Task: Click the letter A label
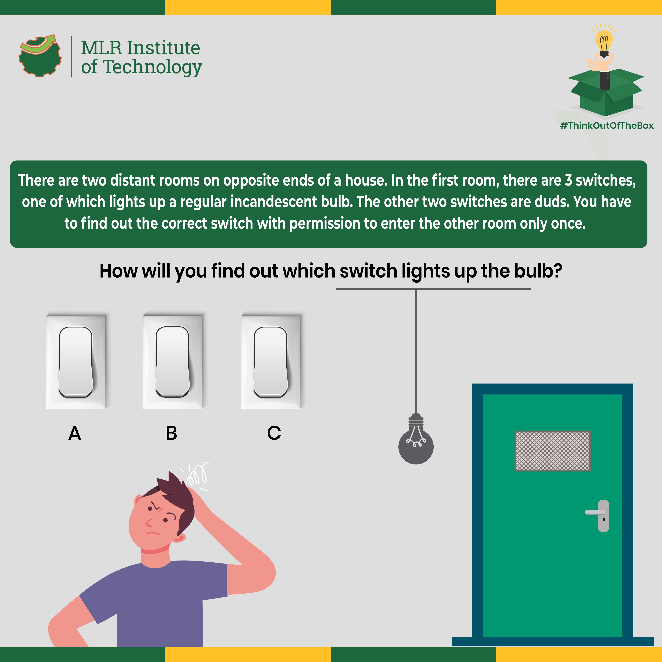click(75, 433)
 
